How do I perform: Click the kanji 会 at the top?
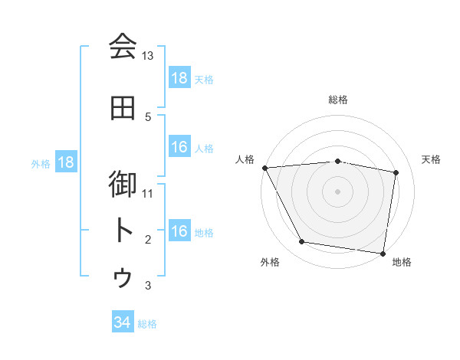[x=123, y=47]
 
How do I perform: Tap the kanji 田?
[x=123, y=108]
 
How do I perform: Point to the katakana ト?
[x=123, y=231]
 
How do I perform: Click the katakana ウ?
[x=123, y=277]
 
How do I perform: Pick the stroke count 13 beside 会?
[x=148, y=56]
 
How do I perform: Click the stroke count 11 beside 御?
[x=148, y=194]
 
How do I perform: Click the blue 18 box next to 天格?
[x=179, y=78]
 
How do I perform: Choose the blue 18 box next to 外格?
[x=65, y=162]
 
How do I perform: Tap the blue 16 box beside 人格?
[x=179, y=148]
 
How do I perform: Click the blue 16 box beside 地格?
[x=179, y=232]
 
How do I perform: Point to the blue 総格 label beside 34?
[x=148, y=324]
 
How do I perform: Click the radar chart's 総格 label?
[x=338, y=100]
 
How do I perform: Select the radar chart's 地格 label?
[x=402, y=262]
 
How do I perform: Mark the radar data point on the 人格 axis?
[x=264, y=167]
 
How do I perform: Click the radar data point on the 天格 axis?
[x=396, y=172]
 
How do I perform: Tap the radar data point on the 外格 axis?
[x=302, y=242]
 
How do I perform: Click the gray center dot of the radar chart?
[x=338, y=191]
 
